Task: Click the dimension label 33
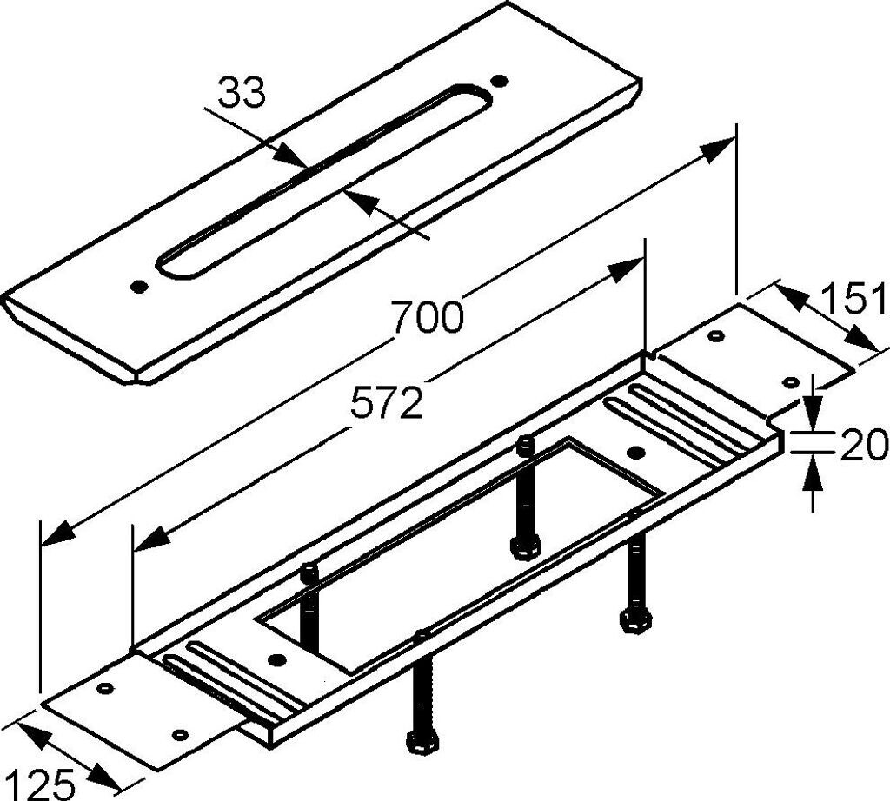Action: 241,93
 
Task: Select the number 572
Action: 387,403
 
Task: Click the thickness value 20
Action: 864,446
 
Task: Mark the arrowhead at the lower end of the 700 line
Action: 57,531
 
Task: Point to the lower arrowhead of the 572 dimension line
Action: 149,540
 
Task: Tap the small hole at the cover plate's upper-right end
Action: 499,81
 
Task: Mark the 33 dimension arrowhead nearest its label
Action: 292,156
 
